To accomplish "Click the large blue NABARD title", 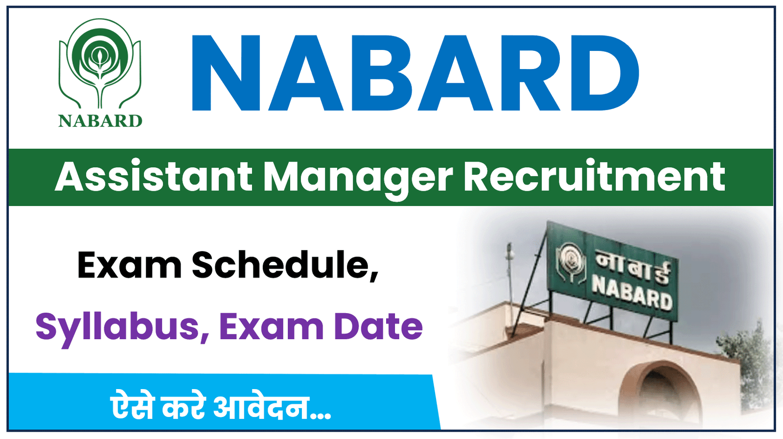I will (415, 73).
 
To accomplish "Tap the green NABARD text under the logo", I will (100, 121).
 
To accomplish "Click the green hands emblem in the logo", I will (100, 64).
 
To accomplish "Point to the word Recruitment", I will (594, 177).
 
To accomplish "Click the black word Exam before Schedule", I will (129, 265).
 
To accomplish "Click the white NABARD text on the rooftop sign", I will (632, 292).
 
